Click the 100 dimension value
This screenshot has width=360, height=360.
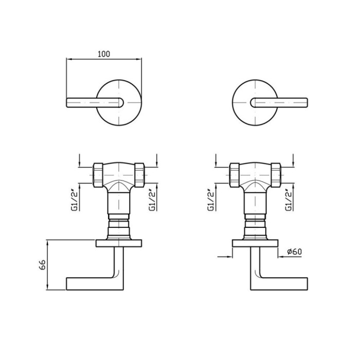104,54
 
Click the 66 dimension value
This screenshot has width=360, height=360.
43,265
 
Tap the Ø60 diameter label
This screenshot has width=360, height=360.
295,251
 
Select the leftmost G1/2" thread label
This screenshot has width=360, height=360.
76,200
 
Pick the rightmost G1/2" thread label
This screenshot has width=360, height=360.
289,200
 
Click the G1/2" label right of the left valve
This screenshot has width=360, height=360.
152,200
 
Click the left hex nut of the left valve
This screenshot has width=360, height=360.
98,175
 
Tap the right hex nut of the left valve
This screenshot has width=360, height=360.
139,175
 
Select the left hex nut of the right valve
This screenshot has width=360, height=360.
235,175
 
